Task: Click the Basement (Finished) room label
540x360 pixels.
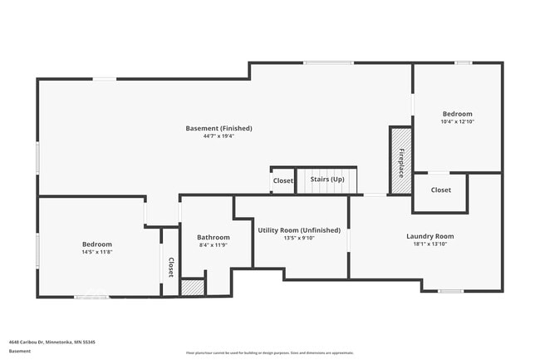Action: pyautogui.click(x=218, y=128)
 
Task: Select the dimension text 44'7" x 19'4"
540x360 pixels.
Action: pyautogui.click(x=218, y=136)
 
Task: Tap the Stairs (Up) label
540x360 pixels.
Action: pyautogui.click(x=326, y=179)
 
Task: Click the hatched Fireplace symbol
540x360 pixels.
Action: pyautogui.click(x=400, y=161)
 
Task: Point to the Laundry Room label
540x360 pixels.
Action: pyautogui.click(x=430, y=236)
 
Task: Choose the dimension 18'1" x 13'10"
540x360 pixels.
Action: pyautogui.click(x=430, y=244)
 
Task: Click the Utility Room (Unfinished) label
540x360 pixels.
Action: pyautogui.click(x=299, y=229)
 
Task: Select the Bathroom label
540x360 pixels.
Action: pyautogui.click(x=214, y=237)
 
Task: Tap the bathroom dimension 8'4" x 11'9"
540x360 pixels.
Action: pyautogui.click(x=214, y=245)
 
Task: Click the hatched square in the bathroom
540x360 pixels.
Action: pyautogui.click(x=193, y=287)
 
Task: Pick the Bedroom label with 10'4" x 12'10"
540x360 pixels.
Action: pyautogui.click(x=457, y=114)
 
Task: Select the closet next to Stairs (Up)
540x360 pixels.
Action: pyautogui.click(x=282, y=180)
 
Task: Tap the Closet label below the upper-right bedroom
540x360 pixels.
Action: pyautogui.click(x=441, y=190)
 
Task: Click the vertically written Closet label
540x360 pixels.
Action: pyautogui.click(x=170, y=267)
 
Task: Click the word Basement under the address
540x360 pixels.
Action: pyautogui.click(x=20, y=351)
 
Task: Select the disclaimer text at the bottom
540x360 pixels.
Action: pyautogui.click(x=269, y=353)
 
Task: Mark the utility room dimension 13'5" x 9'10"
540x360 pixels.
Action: pyautogui.click(x=299, y=238)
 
